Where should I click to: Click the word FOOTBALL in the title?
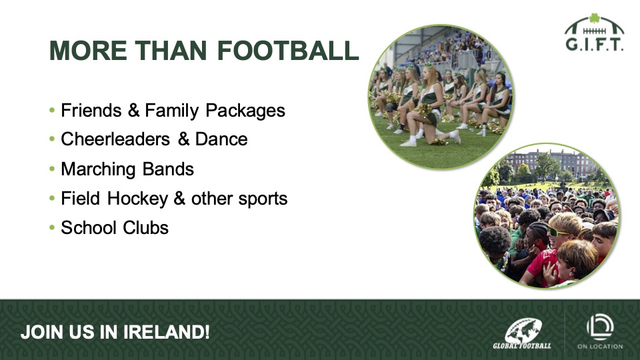click(x=288, y=51)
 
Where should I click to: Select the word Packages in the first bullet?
click(x=245, y=111)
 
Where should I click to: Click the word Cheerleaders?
click(x=115, y=139)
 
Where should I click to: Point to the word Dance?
click(x=221, y=139)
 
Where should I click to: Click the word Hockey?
click(x=137, y=199)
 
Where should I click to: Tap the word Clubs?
click(x=146, y=228)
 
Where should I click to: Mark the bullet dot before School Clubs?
click(x=52, y=227)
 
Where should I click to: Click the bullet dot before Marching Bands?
click(x=52, y=169)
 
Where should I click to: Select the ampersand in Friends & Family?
click(x=133, y=111)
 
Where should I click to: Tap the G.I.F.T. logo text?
click(x=594, y=44)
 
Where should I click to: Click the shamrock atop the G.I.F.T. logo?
click(x=594, y=18)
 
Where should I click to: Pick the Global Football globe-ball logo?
click(x=523, y=331)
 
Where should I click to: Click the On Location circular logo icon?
click(x=600, y=327)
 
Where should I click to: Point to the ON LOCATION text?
click(x=600, y=347)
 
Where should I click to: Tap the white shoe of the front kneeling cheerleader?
click(x=408, y=143)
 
